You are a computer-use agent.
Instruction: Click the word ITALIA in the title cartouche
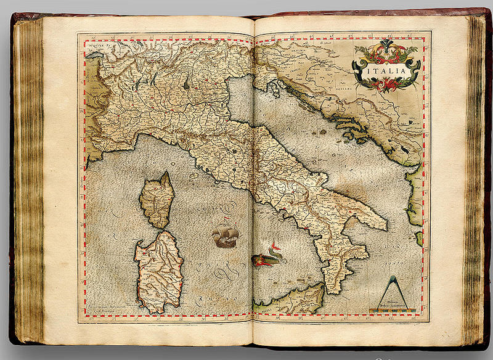click(386, 72)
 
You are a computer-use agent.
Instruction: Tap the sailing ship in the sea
click(224, 235)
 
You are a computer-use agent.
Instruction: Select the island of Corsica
click(157, 200)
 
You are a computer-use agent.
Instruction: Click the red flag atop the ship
click(227, 219)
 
